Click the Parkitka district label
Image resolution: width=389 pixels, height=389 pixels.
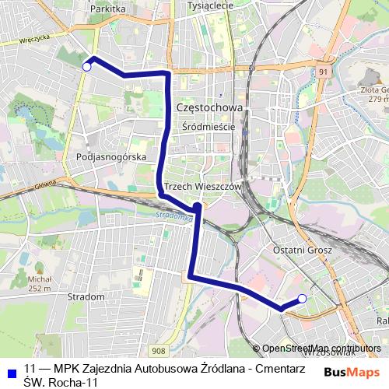click(x=108, y=9)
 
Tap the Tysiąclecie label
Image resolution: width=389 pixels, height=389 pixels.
click(x=210, y=5)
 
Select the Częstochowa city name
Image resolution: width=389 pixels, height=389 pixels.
click(x=210, y=107)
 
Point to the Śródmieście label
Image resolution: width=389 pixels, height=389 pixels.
click(x=207, y=125)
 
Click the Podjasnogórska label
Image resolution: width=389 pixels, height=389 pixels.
click(x=112, y=156)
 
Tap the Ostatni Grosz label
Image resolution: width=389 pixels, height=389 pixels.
click(x=303, y=250)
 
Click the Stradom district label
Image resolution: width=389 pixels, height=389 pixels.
click(x=86, y=297)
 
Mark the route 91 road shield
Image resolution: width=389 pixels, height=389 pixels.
click(x=323, y=72)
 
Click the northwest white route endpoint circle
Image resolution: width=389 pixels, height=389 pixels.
click(x=86, y=67)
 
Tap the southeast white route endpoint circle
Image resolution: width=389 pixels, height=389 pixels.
click(x=302, y=299)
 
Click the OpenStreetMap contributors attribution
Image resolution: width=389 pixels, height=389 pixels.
click(x=321, y=349)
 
